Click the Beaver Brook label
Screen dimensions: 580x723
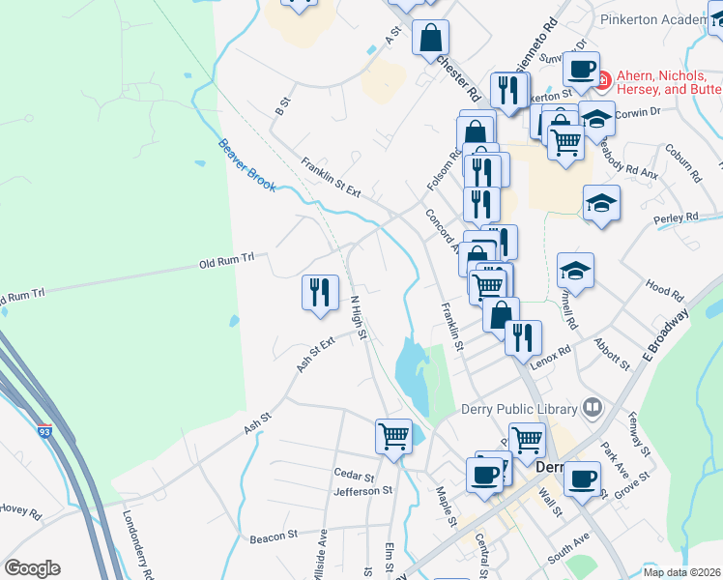coord(247,164)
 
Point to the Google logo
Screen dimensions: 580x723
coord(32,568)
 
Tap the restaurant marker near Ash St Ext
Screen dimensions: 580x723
coord(319,292)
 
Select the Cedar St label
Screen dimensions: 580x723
coord(353,476)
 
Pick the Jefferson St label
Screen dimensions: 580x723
coord(362,491)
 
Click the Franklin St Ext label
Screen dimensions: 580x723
coord(331,178)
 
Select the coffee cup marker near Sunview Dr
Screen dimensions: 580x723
coord(581,69)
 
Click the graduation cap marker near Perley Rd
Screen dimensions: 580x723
coord(601,203)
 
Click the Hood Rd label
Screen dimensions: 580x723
coord(664,288)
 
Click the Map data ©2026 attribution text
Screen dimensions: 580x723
coord(682,572)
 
